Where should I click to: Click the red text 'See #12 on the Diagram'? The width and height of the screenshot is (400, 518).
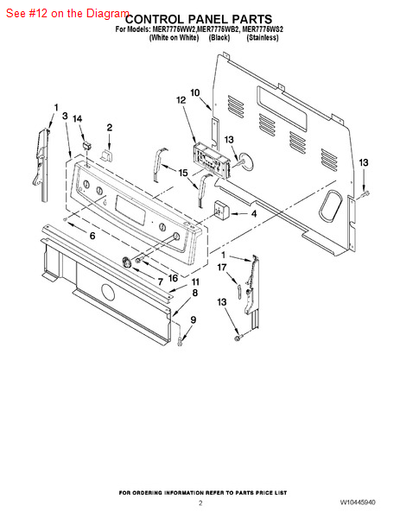click(67, 13)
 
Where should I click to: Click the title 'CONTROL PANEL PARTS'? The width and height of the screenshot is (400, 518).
click(199, 19)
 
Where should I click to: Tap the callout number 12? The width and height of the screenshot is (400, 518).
click(181, 100)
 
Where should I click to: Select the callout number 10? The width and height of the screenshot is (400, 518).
click(195, 92)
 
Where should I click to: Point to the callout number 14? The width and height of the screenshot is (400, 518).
click(78, 118)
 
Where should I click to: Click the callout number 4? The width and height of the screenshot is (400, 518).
click(253, 214)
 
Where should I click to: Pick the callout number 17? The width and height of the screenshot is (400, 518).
click(222, 267)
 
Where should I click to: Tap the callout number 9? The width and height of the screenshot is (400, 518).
click(193, 319)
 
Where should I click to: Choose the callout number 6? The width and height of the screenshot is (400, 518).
click(92, 236)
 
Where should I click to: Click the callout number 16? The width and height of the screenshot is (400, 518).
click(174, 278)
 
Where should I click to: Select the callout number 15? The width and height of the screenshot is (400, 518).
click(183, 173)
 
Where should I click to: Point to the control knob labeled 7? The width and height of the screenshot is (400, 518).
click(127, 262)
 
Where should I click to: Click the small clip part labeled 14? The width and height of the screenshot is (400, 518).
click(87, 145)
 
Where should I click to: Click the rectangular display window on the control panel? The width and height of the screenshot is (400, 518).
click(130, 210)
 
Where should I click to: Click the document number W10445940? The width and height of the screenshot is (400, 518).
click(358, 502)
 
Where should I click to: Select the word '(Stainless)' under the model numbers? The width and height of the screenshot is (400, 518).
click(263, 38)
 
